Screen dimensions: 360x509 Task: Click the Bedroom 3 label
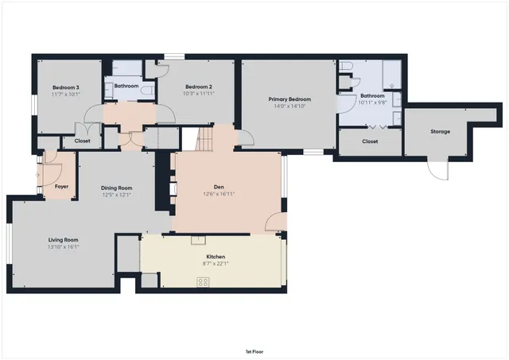click(66, 87)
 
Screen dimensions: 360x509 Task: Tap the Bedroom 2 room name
click(198, 87)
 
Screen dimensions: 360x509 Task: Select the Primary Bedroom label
click(289, 99)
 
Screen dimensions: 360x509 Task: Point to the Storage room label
click(441, 132)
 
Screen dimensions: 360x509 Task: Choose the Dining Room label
click(116, 188)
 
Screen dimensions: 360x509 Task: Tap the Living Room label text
click(64, 239)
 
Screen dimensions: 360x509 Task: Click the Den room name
click(220, 186)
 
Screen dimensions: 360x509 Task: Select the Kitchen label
click(216, 257)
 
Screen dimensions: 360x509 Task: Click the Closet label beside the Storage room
click(370, 141)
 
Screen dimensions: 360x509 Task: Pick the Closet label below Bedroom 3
click(82, 141)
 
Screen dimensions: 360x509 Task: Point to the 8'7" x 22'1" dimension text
click(216, 264)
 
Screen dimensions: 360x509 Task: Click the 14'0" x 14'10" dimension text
click(289, 106)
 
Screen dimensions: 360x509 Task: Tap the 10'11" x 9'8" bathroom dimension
click(371, 103)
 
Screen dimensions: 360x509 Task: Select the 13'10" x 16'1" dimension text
click(64, 246)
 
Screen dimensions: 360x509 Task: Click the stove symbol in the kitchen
click(203, 281)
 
